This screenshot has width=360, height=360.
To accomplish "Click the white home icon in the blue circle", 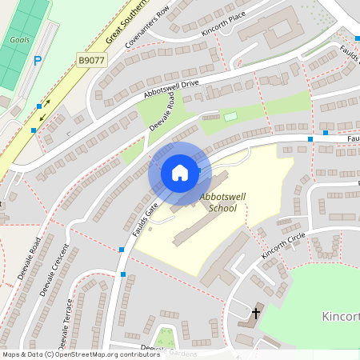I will click(x=179, y=173).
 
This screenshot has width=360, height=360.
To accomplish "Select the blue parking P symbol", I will click(x=38, y=60).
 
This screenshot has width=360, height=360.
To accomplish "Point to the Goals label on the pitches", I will click(x=19, y=39).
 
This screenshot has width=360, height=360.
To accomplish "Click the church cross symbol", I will click(x=256, y=312).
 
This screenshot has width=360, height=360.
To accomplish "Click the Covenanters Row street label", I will click(x=148, y=31).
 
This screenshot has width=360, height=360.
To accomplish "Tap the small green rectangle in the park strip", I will click(x=231, y=117).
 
